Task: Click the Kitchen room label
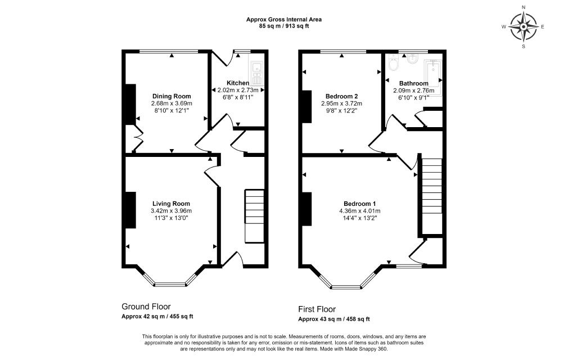pos(238,83)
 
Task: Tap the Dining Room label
pos(172,96)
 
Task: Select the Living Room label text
pos(171,204)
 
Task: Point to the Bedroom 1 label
pos(360,204)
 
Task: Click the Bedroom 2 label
pos(341,96)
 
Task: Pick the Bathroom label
pos(414,83)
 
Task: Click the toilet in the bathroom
pos(393,64)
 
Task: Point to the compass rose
pos(524,27)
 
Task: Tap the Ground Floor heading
pos(146,307)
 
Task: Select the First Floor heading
pos(317,309)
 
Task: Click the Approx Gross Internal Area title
pos(284,20)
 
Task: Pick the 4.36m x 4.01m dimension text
pos(360,211)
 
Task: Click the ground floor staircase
pos(255,216)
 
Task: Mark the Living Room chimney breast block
pos(130,210)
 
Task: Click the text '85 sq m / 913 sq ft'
pos(284,26)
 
